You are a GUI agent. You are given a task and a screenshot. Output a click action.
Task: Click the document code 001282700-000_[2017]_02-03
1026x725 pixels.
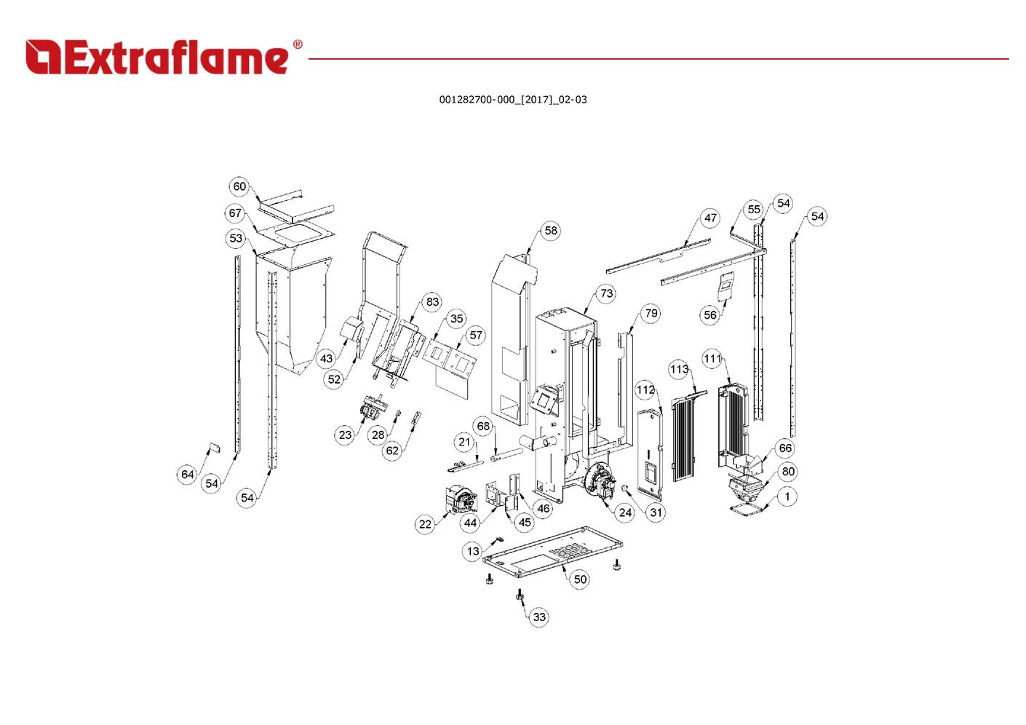click(512, 100)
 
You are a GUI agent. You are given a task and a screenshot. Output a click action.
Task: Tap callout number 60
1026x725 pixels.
click(239, 186)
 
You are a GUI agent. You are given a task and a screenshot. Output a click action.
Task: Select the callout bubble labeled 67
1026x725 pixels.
click(234, 213)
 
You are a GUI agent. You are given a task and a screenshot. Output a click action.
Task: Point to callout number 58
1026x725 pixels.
click(551, 231)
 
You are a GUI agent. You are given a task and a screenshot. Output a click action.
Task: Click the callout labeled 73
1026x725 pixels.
click(606, 293)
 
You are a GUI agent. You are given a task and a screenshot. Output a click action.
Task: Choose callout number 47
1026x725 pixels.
click(710, 218)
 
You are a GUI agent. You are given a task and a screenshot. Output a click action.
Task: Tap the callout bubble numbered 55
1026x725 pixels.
click(754, 210)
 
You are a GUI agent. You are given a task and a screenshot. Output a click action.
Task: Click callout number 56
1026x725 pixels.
click(710, 314)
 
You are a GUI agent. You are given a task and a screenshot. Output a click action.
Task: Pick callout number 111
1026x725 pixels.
click(712, 358)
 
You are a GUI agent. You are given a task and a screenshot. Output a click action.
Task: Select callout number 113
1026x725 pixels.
click(679, 369)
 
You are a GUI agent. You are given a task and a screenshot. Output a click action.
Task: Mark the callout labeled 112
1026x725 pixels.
click(645, 390)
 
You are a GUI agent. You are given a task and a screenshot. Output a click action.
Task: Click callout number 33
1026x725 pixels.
click(539, 617)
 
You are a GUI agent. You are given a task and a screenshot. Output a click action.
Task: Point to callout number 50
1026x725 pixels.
click(580, 579)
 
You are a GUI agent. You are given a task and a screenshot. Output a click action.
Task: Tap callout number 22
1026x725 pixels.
click(425, 524)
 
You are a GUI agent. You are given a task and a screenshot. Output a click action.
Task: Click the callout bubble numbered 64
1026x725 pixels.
click(188, 475)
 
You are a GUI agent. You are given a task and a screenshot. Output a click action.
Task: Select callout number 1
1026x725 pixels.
click(787, 497)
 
